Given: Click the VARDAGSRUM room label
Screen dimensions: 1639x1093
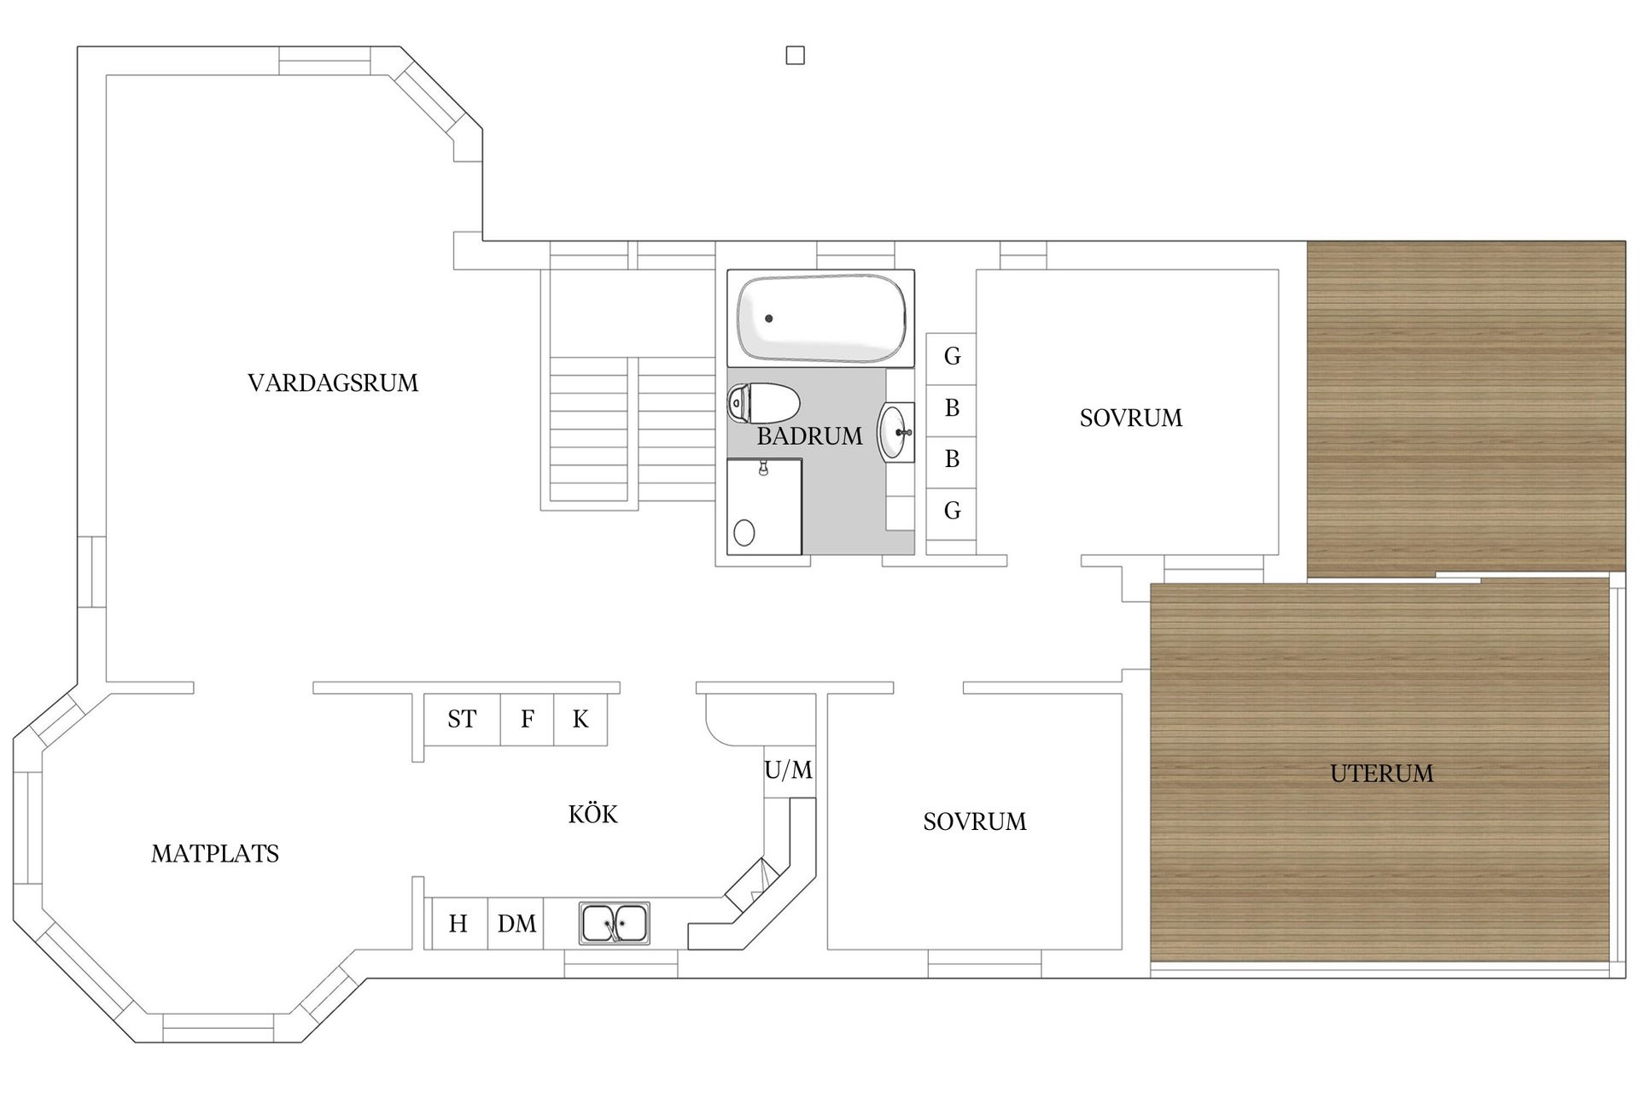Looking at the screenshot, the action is pos(333,383).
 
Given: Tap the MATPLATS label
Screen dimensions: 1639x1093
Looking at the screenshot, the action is pos(215,854).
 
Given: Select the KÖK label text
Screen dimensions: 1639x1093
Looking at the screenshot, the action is pos(592,813).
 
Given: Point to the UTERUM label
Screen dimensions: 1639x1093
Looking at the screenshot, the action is pos(1381,774).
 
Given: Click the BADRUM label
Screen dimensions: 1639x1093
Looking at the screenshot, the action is pos(809,436).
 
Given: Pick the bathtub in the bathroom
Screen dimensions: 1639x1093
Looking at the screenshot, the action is pos(821,319).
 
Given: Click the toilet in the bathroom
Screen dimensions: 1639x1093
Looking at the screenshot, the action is pos(763,403).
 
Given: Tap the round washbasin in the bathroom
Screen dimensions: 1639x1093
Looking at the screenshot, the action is pos(895,432).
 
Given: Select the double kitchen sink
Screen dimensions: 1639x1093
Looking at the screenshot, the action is pos(615,923).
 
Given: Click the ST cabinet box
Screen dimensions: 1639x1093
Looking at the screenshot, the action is pos(462,719).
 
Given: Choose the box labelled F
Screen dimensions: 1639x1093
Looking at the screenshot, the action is pos(528,719).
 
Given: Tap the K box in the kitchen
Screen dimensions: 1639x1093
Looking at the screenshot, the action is pos(581,719).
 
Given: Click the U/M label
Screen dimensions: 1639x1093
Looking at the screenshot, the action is pos(789,770).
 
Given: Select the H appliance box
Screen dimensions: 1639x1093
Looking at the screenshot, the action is pos(459,923).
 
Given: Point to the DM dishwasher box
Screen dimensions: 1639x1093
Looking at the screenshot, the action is pos(516,923).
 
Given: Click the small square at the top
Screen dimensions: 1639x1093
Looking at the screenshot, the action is pos(795,56).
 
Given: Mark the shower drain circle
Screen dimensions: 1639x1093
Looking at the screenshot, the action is pos(744,532).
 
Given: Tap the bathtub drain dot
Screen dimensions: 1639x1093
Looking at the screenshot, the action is pos(769,319).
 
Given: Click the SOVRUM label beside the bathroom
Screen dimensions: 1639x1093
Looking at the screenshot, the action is pos(1131,418).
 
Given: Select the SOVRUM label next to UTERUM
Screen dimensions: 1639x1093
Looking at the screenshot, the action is pos(975,821).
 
